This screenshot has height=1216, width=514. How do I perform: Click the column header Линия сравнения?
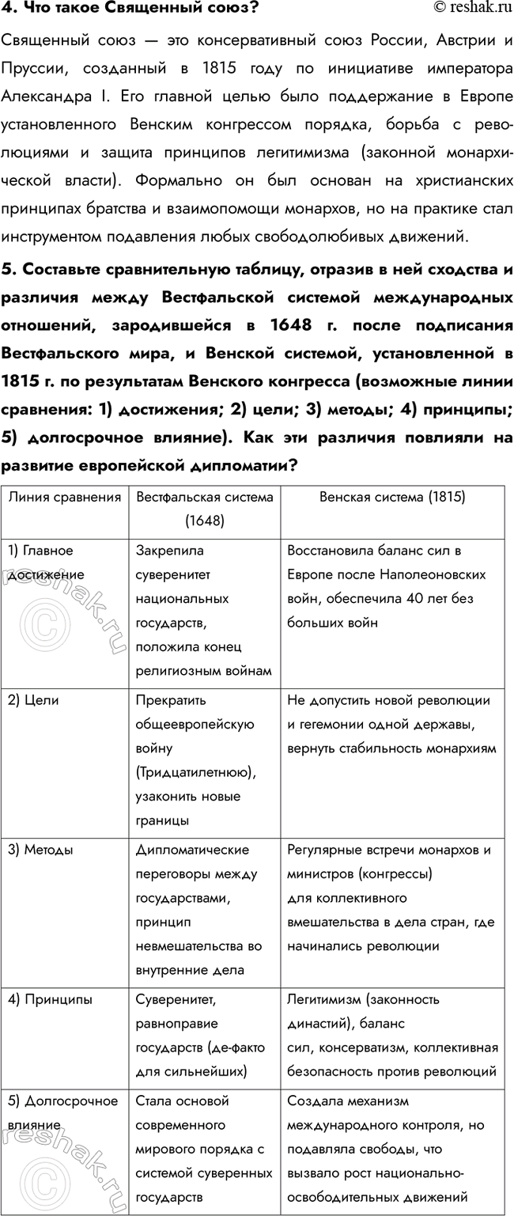pos(65,498)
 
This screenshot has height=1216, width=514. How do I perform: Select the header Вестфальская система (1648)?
pos(204,509)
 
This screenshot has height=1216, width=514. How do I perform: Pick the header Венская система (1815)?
pos(391,498)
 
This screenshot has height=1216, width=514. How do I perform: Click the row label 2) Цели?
pos(33,700)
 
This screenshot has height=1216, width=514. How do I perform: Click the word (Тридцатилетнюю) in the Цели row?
pos(195,771)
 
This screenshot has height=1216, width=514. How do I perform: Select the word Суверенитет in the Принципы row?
pos(175,999)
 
